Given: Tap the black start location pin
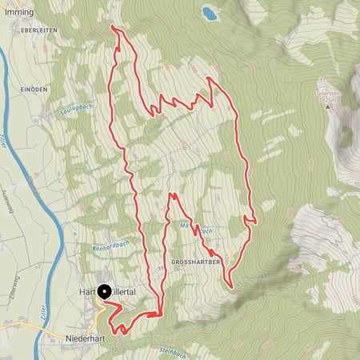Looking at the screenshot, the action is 104,294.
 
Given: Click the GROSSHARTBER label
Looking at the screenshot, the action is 195,262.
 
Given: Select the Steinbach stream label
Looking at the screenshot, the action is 171,352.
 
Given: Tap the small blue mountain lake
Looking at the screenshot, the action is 210,14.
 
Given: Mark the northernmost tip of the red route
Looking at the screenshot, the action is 114,27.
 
